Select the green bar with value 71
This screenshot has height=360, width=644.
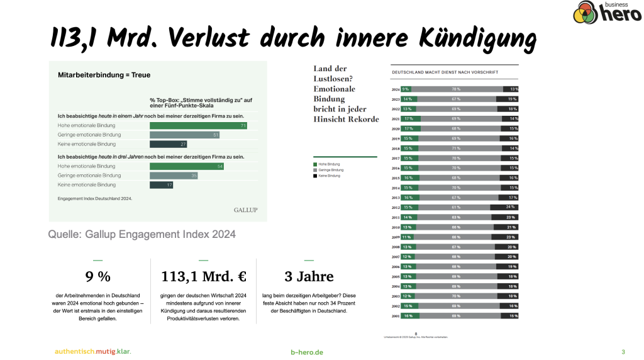pos(198,126)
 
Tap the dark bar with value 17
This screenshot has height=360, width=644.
pos(162,185)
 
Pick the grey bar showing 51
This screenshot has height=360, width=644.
pos(184,135)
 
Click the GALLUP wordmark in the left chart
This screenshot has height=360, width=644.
pos(245,210)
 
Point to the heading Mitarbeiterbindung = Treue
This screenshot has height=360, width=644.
pos(104,75)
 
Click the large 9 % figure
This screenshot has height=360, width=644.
pos(97,276)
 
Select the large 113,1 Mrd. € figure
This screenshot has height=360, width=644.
pos(203,276)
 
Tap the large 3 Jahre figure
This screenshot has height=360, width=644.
pos(309,276)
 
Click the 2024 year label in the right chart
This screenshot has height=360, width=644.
pos(396,89)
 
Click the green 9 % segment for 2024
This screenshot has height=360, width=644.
pos(406,89)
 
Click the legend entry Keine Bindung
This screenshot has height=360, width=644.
pos(328,176)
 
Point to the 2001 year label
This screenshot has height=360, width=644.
pos(396,316)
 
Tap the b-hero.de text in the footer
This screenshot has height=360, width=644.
pos(307,352)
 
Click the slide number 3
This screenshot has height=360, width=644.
pos(623,352)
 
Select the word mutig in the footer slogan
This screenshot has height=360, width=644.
pos(103,351)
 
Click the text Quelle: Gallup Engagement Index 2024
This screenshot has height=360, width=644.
pos(142,234)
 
